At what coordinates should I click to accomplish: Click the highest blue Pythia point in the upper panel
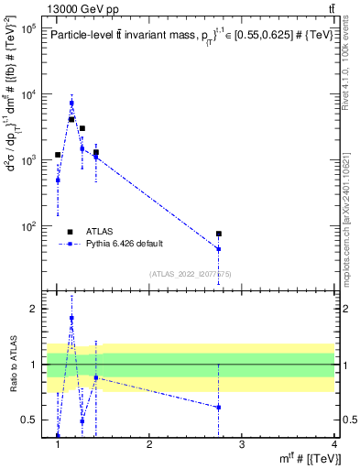coord(71,103)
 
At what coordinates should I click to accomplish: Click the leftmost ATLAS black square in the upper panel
coord(58,155)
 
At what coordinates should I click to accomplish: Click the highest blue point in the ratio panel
coord(71,318)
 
